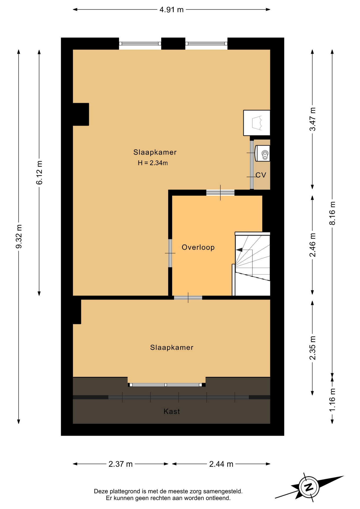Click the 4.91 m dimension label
(x=171, y=10)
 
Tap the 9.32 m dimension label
(x=19, y=236)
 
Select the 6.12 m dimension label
(x=39, y=173)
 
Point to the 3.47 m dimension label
(x=313, y=119)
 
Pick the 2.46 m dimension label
(x=313, y=245)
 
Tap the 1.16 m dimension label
(x=332, y=400)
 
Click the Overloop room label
(x=198, y=247)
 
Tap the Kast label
(x=172, y=411)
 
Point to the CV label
(x=261, y=175)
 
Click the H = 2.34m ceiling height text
(x=153, y=163)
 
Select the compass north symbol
(x=309, y=487)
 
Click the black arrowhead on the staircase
(x=239, y=250)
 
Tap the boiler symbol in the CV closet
(x=262, y=153)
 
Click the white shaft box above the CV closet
(x=257, y=123)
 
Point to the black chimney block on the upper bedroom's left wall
(x=81, y=114)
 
